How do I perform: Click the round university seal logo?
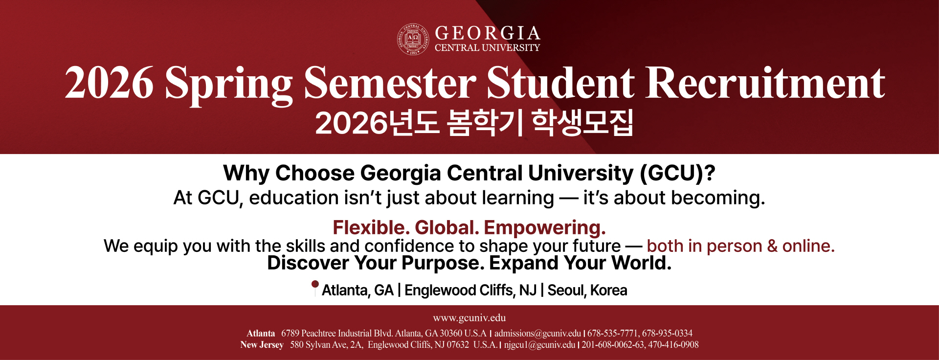coord(413,39)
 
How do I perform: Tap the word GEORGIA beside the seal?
coord(488,33)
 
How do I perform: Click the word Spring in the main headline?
coord(229,84)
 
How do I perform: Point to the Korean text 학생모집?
coord(582,122)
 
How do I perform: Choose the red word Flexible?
coord(371,228)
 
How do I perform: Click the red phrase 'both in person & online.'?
coord(740,246)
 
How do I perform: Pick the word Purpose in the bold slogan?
coord(443,263)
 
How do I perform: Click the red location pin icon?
coord(315,288)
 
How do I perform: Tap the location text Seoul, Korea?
coord(587,290)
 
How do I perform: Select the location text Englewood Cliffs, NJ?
coord(470,290)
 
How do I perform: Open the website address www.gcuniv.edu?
coord(469,318)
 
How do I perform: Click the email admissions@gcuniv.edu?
coord(537,334)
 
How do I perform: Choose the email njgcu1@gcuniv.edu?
coord(540,345)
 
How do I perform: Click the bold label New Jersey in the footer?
coord(262,345)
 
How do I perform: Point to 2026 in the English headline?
coord(109,83)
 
